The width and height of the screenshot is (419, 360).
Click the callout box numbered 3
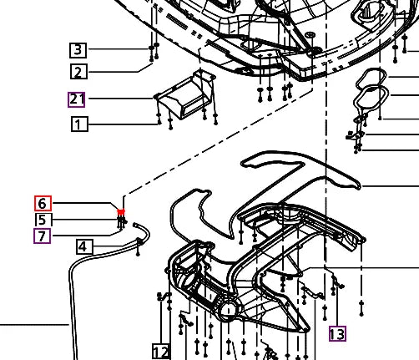point(77,49)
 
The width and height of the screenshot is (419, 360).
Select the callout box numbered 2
point(77,73)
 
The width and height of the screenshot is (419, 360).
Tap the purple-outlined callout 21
point(77,99)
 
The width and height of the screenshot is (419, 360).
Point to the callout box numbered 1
point(77,125)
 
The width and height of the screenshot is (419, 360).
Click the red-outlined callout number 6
point(43,203)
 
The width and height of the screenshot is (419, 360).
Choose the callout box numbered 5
point(43,220)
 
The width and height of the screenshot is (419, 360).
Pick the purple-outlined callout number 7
point(43,236)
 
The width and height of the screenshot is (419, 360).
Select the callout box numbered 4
point(84,246)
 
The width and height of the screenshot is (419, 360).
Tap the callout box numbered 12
point(161,351)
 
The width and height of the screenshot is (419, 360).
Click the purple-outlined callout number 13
point(336,334)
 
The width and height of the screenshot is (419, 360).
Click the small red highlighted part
point(122,213)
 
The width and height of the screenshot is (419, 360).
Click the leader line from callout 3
point(117,49)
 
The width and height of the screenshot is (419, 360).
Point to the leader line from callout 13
point(336,301)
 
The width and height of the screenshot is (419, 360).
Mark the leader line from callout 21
point(121,99)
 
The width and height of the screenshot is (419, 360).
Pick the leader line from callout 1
point(121,125)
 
